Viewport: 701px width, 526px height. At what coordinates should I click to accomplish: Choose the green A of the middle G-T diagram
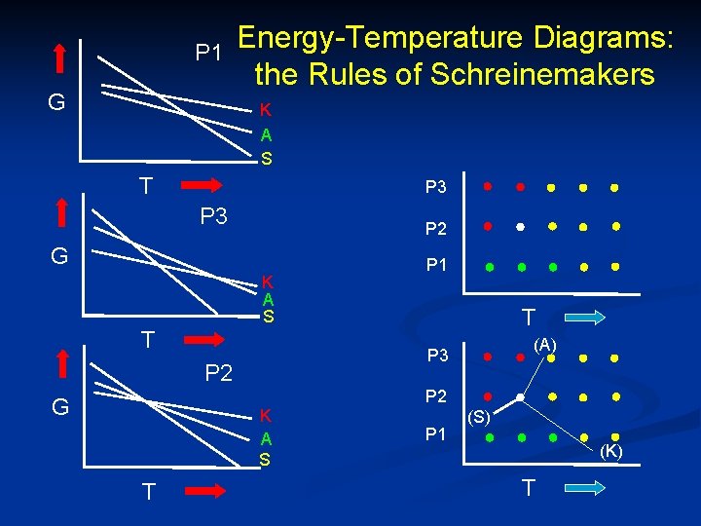268,300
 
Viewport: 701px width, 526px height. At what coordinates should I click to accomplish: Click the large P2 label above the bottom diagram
219,372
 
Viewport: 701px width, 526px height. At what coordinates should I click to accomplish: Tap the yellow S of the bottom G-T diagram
264,458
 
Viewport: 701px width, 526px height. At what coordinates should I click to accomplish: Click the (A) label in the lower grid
544,344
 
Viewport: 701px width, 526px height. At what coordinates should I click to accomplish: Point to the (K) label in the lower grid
611,450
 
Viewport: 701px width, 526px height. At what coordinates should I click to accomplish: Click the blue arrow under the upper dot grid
582,318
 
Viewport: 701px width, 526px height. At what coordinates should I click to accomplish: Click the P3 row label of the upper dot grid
435,186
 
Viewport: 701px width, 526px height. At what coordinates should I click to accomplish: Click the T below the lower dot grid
528,487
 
